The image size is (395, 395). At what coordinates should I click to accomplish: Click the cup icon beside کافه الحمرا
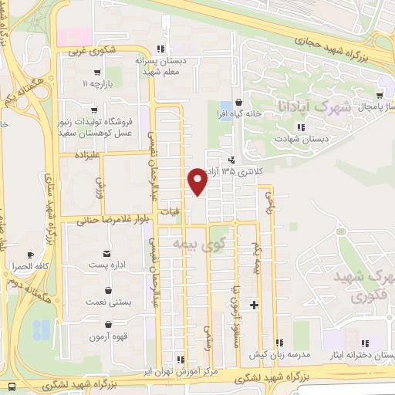tap(30, 255)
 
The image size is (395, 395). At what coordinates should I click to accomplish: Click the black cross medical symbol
tap(254, 306)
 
